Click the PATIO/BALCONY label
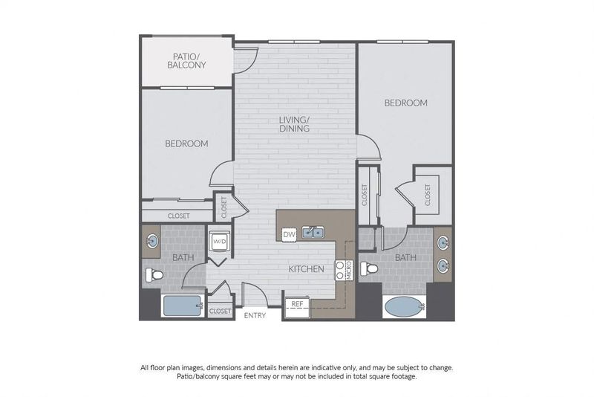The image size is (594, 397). (189, 60)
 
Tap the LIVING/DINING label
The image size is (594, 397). (295, 123)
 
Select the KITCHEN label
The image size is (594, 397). (305, 268)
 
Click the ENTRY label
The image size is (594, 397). (255, 315)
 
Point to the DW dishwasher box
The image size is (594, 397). (289, 235)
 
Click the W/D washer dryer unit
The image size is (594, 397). (219, 242)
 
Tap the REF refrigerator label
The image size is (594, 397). (297, 303)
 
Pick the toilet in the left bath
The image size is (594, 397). (154, 274)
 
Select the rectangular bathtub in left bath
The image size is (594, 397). (182, 306)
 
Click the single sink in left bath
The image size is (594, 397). (152, 241)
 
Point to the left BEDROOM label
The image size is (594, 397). (186, 143)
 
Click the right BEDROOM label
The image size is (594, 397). (405, 103)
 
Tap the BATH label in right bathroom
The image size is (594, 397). (405, 257)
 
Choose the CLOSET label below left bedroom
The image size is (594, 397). (179, 216)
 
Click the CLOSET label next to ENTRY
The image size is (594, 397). (220, 311)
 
